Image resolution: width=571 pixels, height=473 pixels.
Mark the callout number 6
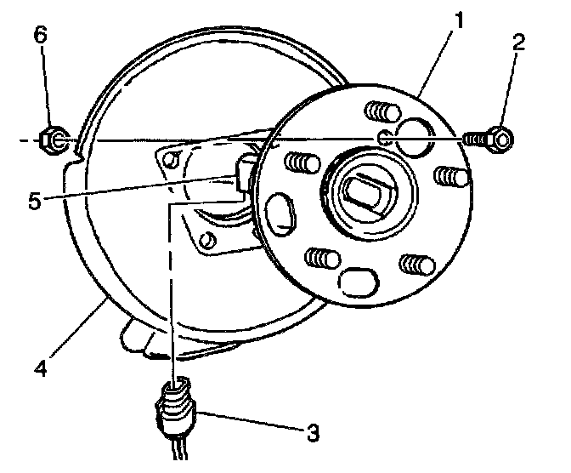tap(41, 35)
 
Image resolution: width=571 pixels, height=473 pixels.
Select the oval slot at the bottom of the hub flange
tap(357, 281)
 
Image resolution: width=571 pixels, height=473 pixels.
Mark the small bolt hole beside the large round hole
tap(385, 138)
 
